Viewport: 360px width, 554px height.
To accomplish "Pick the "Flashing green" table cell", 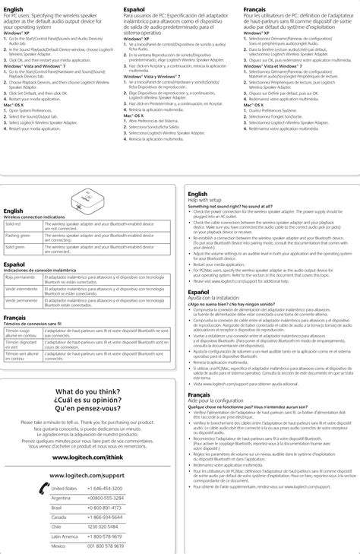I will click(x=18, y=236).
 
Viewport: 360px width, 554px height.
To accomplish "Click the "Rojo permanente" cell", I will click(x=20, y=278).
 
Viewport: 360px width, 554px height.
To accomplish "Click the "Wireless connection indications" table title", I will click(x=39, y=217).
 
